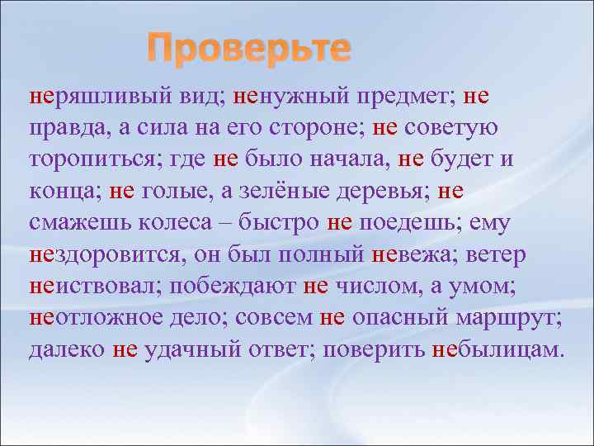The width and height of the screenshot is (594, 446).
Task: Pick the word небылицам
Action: pyautogui.click(x=498, y=349)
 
